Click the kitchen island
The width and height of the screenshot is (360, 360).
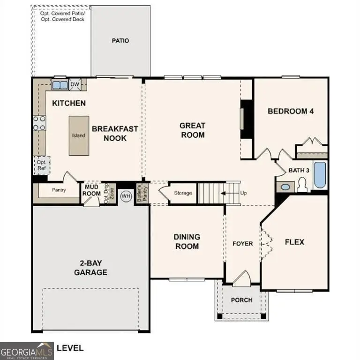point(78,135)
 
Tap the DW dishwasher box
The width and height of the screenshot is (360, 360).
point(75,84)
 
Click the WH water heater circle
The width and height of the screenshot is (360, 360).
point(126,196)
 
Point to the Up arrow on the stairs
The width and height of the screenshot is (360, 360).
point(230,193)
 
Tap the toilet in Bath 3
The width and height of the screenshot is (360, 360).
point(301,186)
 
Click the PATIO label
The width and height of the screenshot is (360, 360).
point(120,41)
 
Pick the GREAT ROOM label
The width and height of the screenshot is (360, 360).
point(192,130)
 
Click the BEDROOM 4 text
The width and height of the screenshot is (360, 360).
point(290,111)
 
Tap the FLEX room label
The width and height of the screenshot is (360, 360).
point(294,242)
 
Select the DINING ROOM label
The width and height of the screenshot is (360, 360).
point(187,241)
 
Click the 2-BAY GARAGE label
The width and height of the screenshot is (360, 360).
point(90,268)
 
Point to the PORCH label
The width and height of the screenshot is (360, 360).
point(241,300)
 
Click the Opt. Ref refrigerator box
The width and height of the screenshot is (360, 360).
point(41,165)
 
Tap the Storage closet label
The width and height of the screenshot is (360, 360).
point(183,193)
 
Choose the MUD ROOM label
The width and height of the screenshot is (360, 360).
point(91,190)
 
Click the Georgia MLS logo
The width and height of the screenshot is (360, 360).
point(27,351)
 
